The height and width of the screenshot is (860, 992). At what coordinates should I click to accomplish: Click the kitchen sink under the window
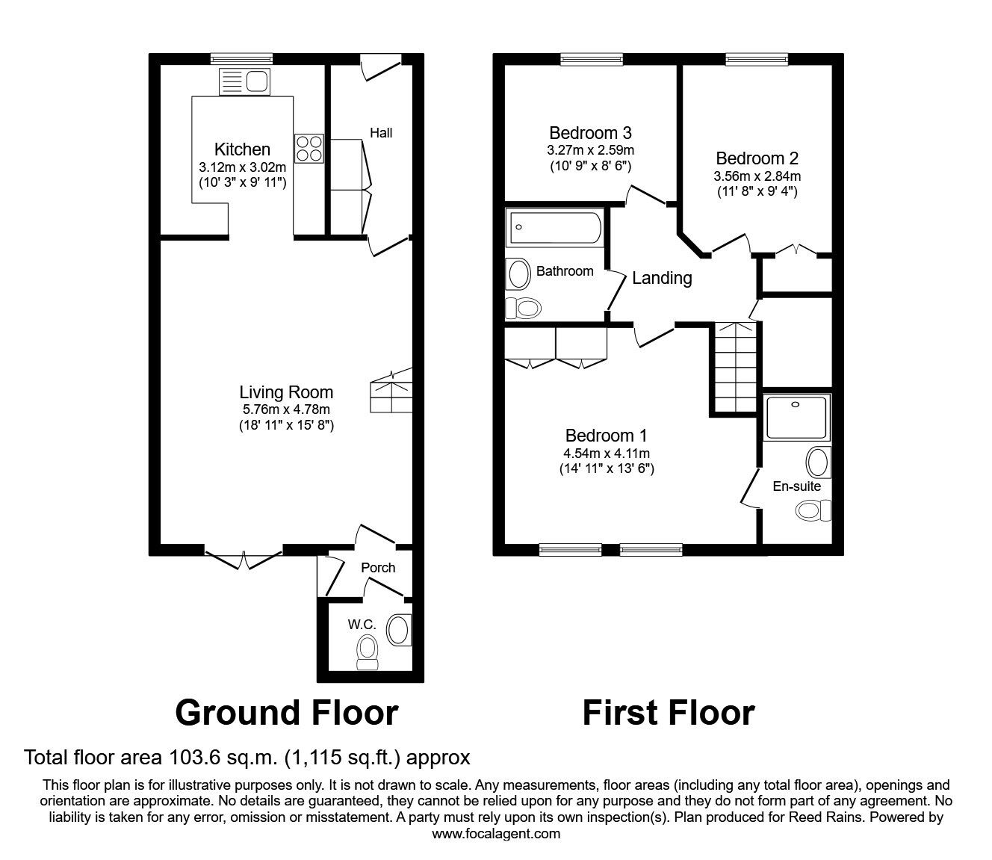coord(244,81)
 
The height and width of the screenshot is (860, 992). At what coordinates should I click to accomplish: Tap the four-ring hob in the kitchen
coord(309,149)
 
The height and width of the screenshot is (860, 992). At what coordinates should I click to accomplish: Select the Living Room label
coord(286,392)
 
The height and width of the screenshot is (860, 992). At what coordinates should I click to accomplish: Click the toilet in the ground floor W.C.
coord(368,652)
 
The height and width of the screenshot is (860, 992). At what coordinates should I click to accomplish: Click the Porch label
coord(378,568)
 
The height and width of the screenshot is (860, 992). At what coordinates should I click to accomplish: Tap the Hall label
coord(381,133)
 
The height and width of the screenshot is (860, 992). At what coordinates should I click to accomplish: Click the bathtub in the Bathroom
coord(555,227)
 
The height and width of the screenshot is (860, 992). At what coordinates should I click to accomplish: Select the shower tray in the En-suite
coord(797,417)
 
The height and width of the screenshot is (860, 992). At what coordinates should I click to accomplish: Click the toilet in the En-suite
coord(813,510)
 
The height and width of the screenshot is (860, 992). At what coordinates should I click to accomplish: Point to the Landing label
coord(662,278)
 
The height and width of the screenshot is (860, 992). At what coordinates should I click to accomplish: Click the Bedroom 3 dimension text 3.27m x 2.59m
coord(590,150)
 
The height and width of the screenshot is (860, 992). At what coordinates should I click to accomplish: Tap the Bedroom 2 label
coord(757,158)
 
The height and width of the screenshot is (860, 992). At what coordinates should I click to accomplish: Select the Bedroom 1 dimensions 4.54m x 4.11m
coord(607,453)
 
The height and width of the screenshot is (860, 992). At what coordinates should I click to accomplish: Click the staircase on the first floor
coord(736,368)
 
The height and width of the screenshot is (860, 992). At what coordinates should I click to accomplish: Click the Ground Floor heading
coord(287,713)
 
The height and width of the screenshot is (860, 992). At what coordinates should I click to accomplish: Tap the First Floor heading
coord(669,713)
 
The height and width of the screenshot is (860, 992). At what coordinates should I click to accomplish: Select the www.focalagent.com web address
coord(496,834)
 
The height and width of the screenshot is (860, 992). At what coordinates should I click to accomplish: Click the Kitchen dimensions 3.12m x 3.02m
coord(242,167)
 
